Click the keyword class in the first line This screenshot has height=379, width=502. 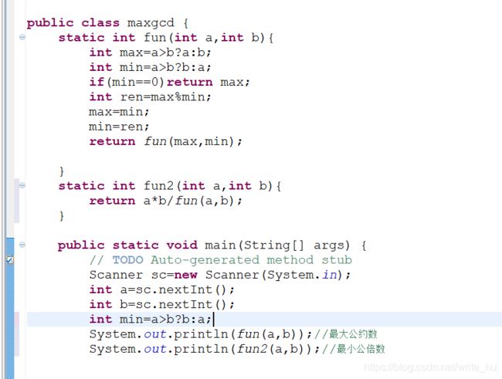(x=100, y=22)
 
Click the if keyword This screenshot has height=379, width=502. (x=96, y=82)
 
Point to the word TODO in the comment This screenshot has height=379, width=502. (x=127, y=260)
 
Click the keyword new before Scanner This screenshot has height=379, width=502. (x=186, y=275)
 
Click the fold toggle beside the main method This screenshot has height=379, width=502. (x=22, y=245)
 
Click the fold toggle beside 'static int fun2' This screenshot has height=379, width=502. (x=22, y=185)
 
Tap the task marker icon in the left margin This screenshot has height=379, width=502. (x=8, y=260)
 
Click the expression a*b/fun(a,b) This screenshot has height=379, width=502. (x=191, y=201)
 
